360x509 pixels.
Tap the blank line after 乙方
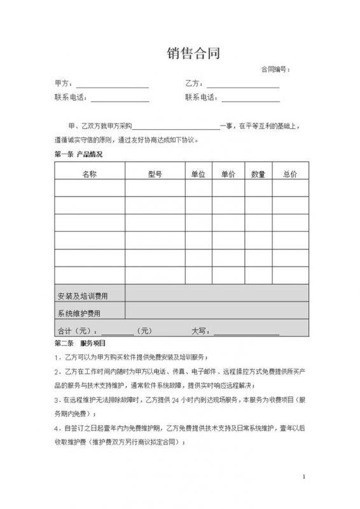click(x=243, y=85)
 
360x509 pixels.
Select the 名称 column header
click(x=89, y=174)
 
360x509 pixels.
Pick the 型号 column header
click(x=155, y=174)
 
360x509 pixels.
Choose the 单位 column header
click(x=198, y=174)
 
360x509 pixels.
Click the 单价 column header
click(x=228, y=174)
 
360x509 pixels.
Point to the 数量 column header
click(x=258, y=174)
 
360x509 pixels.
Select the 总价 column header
click(x=289, y=174)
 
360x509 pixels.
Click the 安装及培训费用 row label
click(x=83, y=296)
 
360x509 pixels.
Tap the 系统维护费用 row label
click(x=79, y=313)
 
